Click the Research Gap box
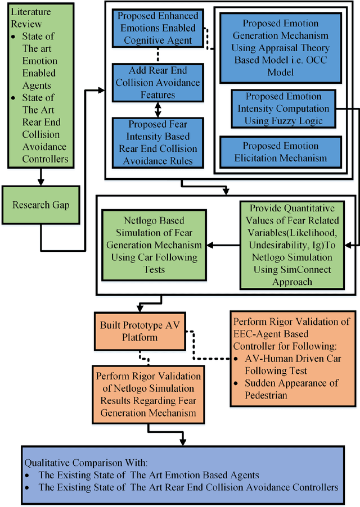[x=41, y=205]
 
